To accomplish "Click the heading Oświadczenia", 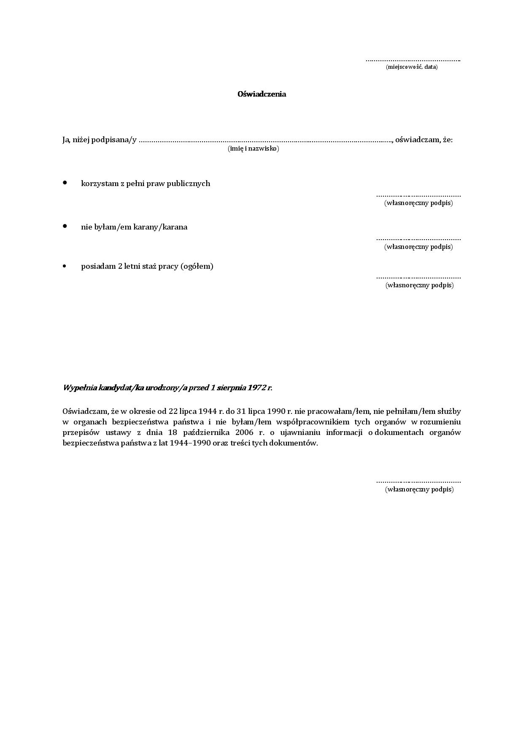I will (x=261, y=94).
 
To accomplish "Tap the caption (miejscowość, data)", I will (x=411, y=67).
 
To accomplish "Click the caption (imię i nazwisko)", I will (x=253, y=149).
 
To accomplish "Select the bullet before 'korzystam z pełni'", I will (x=65, y=183).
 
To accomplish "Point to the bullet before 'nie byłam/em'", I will (x=65, y=226).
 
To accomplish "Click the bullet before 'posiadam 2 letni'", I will (x=65, y=266).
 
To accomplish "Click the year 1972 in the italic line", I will (x=256, y=388).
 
